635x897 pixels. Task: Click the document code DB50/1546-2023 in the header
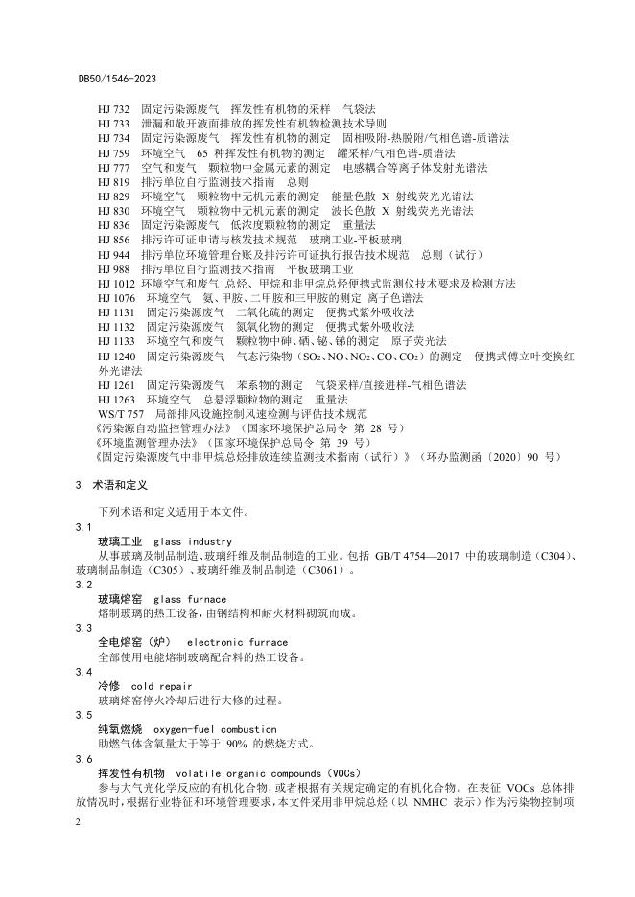pos(117,77)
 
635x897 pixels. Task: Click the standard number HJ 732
pos(113,110)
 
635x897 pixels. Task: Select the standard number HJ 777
pos(113,168)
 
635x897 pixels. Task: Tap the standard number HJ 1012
pos(117,283)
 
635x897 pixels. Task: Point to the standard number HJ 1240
pos(117,356)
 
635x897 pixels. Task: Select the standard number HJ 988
pos(113,269)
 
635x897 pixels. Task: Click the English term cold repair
pos(161,686)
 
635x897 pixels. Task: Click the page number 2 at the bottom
pos(76,822)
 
